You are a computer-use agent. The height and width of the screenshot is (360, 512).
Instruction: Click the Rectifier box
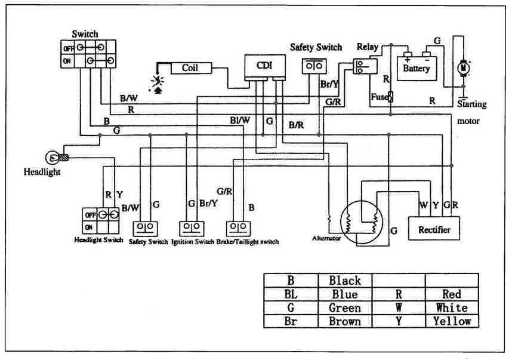click(434, 229)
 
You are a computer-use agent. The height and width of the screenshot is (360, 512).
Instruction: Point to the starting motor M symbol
click(462, 69)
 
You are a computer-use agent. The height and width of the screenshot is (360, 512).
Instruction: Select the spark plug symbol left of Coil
click(158, 82)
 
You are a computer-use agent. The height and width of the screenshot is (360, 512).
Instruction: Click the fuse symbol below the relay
click(391, 96)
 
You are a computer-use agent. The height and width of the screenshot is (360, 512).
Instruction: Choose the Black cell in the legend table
click(345, 281)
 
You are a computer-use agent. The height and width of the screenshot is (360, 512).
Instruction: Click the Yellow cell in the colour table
click(452, 321)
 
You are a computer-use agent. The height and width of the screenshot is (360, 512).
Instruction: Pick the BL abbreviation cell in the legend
click(291, 294)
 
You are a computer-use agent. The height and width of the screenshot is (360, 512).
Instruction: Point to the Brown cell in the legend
click(345, 321)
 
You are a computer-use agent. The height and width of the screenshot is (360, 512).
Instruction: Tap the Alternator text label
click(326, 238)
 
